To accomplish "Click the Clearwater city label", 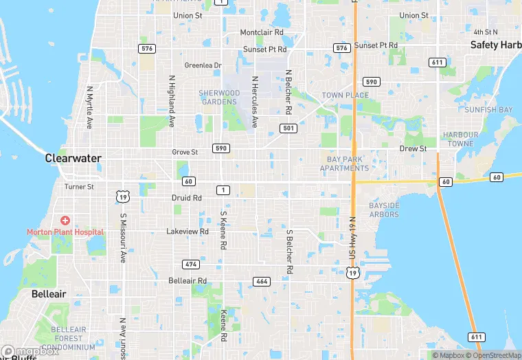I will pos(73,158).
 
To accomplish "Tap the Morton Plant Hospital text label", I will pos(65,232).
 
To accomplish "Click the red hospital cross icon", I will pos(65,221).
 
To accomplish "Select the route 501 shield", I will pos(288,128).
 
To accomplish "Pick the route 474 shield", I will pos(191,265).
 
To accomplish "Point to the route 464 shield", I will pos(261,281).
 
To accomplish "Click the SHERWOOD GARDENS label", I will pos(220,97).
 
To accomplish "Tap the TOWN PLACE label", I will pos(345,95).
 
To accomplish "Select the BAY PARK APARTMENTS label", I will pos(344,164).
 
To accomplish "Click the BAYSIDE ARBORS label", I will pos(383,210).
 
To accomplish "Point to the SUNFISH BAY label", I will pos(488,110).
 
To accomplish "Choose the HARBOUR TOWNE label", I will pos(460,139).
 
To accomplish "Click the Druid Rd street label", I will pos(186,198).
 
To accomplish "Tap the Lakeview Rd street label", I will pos(187,232).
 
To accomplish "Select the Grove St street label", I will pos(185,152).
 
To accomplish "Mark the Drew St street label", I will pos(413,148).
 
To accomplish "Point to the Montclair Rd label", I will pos(262,32).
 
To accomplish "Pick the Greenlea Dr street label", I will pos(203,66).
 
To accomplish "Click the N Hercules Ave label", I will pos(255,102).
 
